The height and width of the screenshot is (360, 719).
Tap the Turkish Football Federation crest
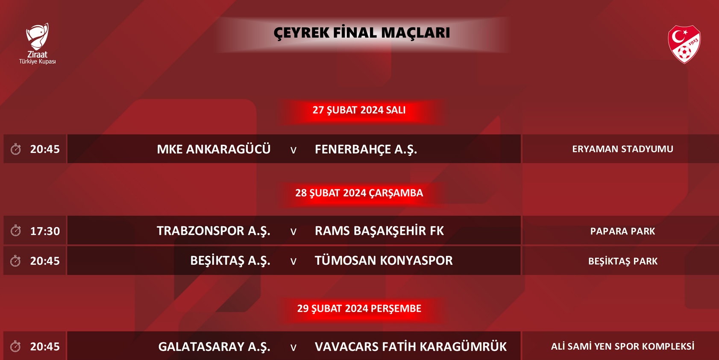point(684,44)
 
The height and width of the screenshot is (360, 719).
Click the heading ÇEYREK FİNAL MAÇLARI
point(362,33)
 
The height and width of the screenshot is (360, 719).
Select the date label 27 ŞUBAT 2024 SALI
point(359,110)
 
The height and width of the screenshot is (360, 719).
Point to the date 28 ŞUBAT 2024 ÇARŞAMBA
point(359,193)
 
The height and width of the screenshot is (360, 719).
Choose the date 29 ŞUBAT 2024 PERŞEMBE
point(359,308)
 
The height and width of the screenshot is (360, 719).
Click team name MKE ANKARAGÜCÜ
point(214,149)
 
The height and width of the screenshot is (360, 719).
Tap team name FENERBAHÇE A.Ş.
point(366,149)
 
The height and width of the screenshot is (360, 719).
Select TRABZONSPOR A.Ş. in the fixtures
point(214,231)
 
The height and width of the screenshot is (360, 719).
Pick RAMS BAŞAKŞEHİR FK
point(379,231)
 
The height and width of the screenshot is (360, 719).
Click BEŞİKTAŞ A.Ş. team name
point(230,260)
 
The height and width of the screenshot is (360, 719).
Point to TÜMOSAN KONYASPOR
point(384,260)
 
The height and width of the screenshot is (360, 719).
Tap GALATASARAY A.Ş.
point(214,346)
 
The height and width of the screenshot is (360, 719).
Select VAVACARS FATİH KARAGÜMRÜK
point(411,346)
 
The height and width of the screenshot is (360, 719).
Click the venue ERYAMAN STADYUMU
point(622,149)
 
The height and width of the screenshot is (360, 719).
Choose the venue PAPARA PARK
point(622,231)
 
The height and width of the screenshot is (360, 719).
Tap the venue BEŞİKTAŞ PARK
point(623,261)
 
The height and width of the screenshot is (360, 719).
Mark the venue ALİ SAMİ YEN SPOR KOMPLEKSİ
point(623,346)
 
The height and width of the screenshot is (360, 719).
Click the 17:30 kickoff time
point(45,231)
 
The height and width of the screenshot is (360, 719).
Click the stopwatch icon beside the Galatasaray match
point(15,346)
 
